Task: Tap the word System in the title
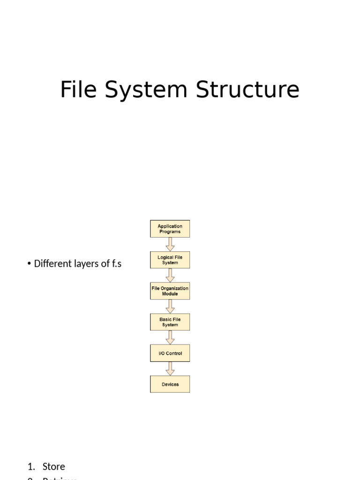[147, 90]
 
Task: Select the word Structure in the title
[247, 90]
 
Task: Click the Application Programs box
[170, 229]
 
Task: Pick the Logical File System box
[170, 260]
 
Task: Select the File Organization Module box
[170, 291]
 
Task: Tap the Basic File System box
[170, 322]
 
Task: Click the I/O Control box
[170, 353]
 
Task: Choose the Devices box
[170, 384]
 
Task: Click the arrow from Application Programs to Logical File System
[170, 244]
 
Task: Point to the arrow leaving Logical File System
[170, 275]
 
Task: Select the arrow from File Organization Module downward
[170, 307]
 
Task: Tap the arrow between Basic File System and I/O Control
[170, 337]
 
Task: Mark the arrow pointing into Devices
[170, 368]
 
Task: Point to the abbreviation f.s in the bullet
[116, 263]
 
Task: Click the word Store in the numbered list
[53, 466]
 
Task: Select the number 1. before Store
[31, 466]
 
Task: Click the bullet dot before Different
[29, 264]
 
